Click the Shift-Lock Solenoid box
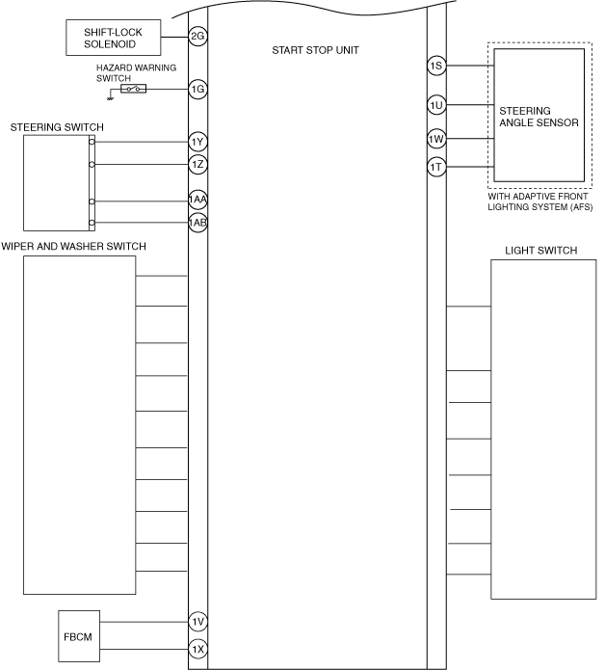[114, 37]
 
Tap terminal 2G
[197, 37]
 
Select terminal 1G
[197, 89]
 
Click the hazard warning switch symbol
[134, 89]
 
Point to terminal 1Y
[197, 143]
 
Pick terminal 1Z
[197, 164]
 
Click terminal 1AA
[197, 201]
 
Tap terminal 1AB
[197, 223]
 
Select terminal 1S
[436, 67]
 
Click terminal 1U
[436, 104]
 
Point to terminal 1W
[436, 140]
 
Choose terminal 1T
[436, 168]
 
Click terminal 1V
[197, 622]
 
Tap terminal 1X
[197, 649]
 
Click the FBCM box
[77, 636]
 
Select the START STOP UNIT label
[315, 49]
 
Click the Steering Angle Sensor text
[538, 117]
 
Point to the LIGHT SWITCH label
[540, 251]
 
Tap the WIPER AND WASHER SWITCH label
[74, 247]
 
